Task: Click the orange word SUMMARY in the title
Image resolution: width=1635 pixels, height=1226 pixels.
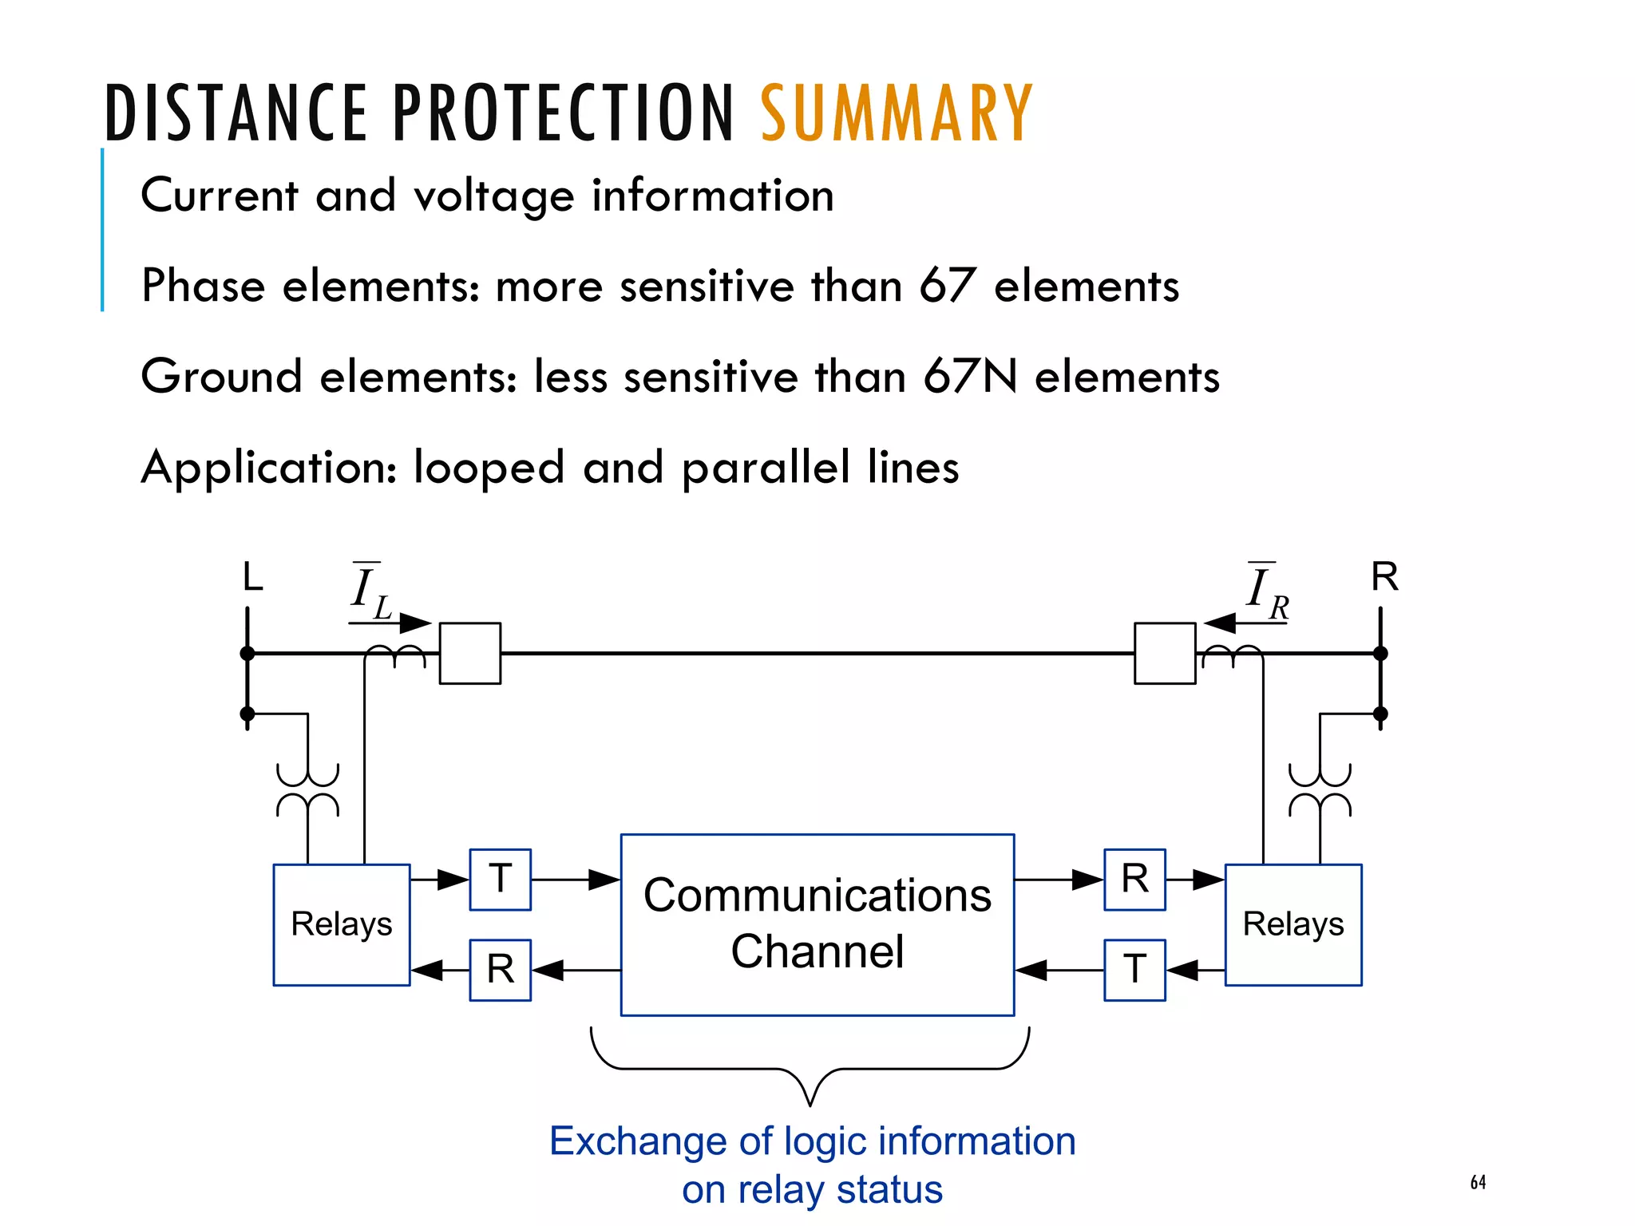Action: point(896,113)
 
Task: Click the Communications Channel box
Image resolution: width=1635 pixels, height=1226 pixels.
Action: point(817,924)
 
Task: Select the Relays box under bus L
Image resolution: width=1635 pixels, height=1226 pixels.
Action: point(341,924)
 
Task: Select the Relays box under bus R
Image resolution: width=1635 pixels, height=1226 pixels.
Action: point(1293,924)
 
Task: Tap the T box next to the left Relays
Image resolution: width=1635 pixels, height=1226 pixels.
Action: point(500,879)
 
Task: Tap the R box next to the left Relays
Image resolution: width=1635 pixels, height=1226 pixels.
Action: point(500,969)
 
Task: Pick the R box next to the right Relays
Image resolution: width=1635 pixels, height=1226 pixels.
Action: point(1134,879)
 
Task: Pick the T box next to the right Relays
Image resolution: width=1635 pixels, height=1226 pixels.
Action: point(1134,969)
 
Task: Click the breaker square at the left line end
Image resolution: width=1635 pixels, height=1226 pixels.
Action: point(470,653)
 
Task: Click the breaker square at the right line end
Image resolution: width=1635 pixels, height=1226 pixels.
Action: point(1164,653)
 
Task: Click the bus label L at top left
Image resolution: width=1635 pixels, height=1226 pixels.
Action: point(252,576)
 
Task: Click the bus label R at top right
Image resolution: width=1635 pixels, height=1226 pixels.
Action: point(1384,576)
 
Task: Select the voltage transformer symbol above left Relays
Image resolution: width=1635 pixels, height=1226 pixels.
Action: point(307,789)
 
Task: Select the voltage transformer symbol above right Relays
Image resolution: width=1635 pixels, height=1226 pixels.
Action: point(1319,789)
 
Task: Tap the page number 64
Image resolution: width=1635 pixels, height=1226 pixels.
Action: point(1478,1182)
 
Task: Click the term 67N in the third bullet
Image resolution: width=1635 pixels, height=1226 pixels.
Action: point(970,376)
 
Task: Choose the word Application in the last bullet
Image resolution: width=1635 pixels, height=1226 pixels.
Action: point(268,468)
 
